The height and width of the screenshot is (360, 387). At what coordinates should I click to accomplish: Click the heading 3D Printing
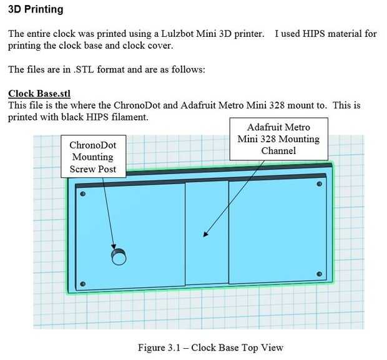[x=36, y=9]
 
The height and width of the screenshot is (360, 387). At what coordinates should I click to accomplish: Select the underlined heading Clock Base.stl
[x=39, y=94]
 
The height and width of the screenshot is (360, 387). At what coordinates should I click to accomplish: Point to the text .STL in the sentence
[x=84, y=70]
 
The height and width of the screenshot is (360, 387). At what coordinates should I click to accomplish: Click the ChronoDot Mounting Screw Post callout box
[x=93, y=157]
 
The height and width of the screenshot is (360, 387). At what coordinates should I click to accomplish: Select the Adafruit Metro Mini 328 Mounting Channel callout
[x=278, y=139]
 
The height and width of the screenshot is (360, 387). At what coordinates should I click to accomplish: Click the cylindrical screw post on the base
[x=119, y=256]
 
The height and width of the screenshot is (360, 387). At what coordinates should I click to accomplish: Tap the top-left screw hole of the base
[x=83, y=193]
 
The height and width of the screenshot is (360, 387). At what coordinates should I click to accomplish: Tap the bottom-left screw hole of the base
[x=83, y=284]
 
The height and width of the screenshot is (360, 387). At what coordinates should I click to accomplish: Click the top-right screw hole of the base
[x=319, y=184]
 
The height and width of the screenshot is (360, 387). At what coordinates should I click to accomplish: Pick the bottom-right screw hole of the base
[x=319, y=274]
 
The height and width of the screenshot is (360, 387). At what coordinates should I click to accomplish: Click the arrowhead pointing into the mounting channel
[x=205, y=234]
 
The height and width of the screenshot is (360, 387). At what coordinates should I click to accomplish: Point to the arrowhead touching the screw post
[x=114, y=246]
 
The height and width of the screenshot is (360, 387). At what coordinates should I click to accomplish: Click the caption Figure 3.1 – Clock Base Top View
[x=210, y=348]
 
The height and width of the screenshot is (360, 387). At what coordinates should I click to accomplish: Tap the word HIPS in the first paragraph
[x=313, y=34]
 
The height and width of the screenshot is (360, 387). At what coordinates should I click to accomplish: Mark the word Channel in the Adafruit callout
[x=278, y=151]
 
